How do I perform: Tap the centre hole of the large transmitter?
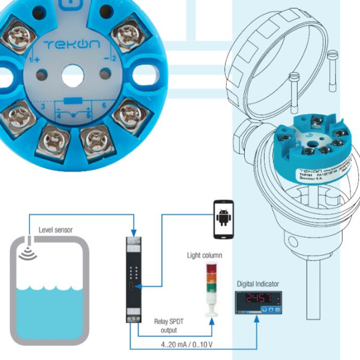click(73, 75)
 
